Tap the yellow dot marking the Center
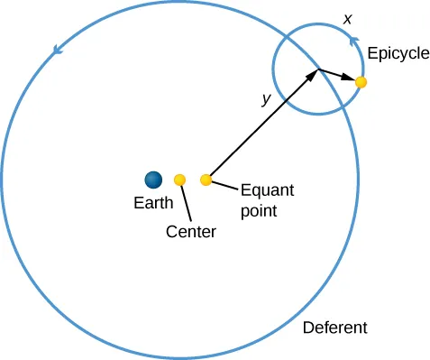coord(180,180)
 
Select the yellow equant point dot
coord(206,180)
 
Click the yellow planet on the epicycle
coord(361,82)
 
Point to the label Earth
coord(153,203)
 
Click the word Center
coord(191,232)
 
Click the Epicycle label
coord(398,54)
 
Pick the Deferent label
coord(334,327)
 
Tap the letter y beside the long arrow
coord(265,100)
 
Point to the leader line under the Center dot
coord(187,203)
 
